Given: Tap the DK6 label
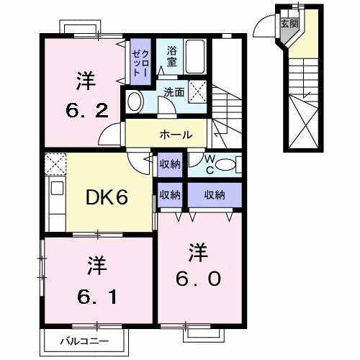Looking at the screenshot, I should pyautogui.click(x=109, y=196).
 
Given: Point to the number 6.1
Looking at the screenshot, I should pyautogui.click(x=92, y=294).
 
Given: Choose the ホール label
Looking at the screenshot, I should pyautogui.click(x=176, y=135).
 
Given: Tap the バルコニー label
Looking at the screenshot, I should pyautogui.click(x=84, y=341).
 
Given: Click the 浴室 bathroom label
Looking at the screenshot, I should pyautogui.click(x=172, y=57).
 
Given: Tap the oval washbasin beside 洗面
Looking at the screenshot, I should pyautogui.click(x=135, y=101).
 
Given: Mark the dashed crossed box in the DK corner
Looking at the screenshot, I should pyautogui.click(x=55, y=163).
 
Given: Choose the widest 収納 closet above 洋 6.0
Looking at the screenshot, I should pyautogui.click(x=215, y=194).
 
